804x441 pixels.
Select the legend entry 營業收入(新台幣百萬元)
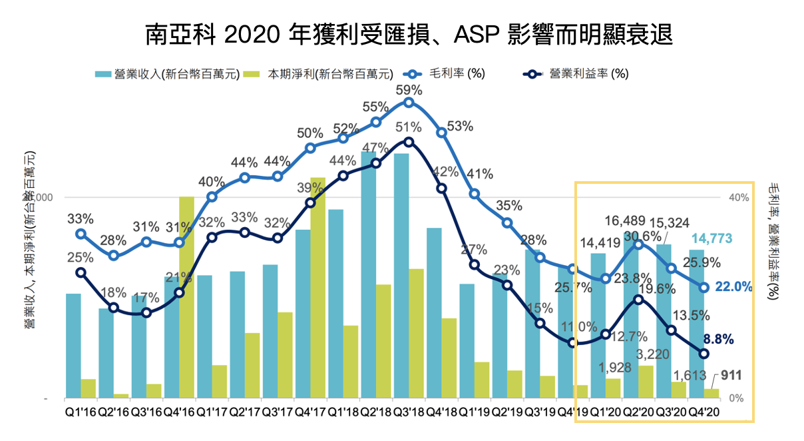click(x=166, y=73)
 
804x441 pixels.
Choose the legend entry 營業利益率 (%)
click(x=579, y=73)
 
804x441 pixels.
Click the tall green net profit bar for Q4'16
click(x=187, y=297)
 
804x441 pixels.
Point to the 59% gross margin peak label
click(x=409, y=90)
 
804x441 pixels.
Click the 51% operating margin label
click(x=409, y=127)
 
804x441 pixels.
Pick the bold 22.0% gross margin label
click(x=733, y=287)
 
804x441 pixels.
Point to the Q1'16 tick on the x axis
click(x=81, y=411)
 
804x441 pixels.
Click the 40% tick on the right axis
click(x=739, y=197)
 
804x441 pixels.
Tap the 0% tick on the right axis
click(x=737, y=398)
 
